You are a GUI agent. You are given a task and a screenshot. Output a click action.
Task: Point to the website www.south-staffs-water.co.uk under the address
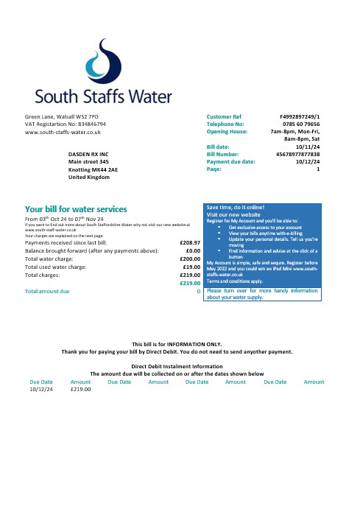pos(63,132)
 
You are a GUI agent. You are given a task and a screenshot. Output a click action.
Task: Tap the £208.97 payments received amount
pos(190,242)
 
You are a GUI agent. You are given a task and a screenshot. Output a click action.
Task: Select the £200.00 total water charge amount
pos(190,259)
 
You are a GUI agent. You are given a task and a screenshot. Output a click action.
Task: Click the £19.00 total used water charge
pos(192,267)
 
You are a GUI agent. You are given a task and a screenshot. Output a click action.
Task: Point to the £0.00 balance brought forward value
pos(193,250)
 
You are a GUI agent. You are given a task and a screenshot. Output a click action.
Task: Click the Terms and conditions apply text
pos(235,281)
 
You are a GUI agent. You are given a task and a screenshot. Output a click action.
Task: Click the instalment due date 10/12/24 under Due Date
pos(41,389)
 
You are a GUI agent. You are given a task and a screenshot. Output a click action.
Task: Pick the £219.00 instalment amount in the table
pos(80,389)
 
